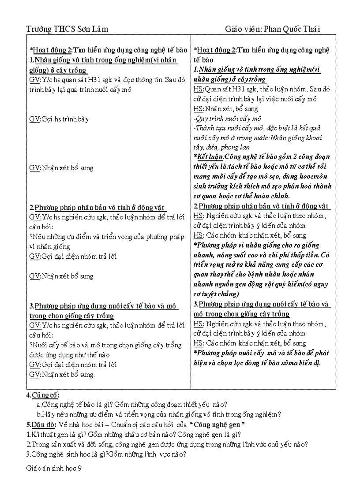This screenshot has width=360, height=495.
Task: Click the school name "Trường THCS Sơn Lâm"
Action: [x=67, y=29]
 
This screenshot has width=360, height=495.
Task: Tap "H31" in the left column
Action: [x=96, y=80]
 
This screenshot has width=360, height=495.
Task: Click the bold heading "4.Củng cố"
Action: [x=43, y=395]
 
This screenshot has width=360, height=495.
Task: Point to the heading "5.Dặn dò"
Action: [x=41, y=424]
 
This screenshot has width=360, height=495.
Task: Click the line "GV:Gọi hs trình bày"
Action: [x=59, y=119]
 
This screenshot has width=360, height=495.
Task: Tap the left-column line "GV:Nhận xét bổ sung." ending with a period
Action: [x=62, y=374]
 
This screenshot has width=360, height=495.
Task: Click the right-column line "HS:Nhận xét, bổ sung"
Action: [x=225, y=108]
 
